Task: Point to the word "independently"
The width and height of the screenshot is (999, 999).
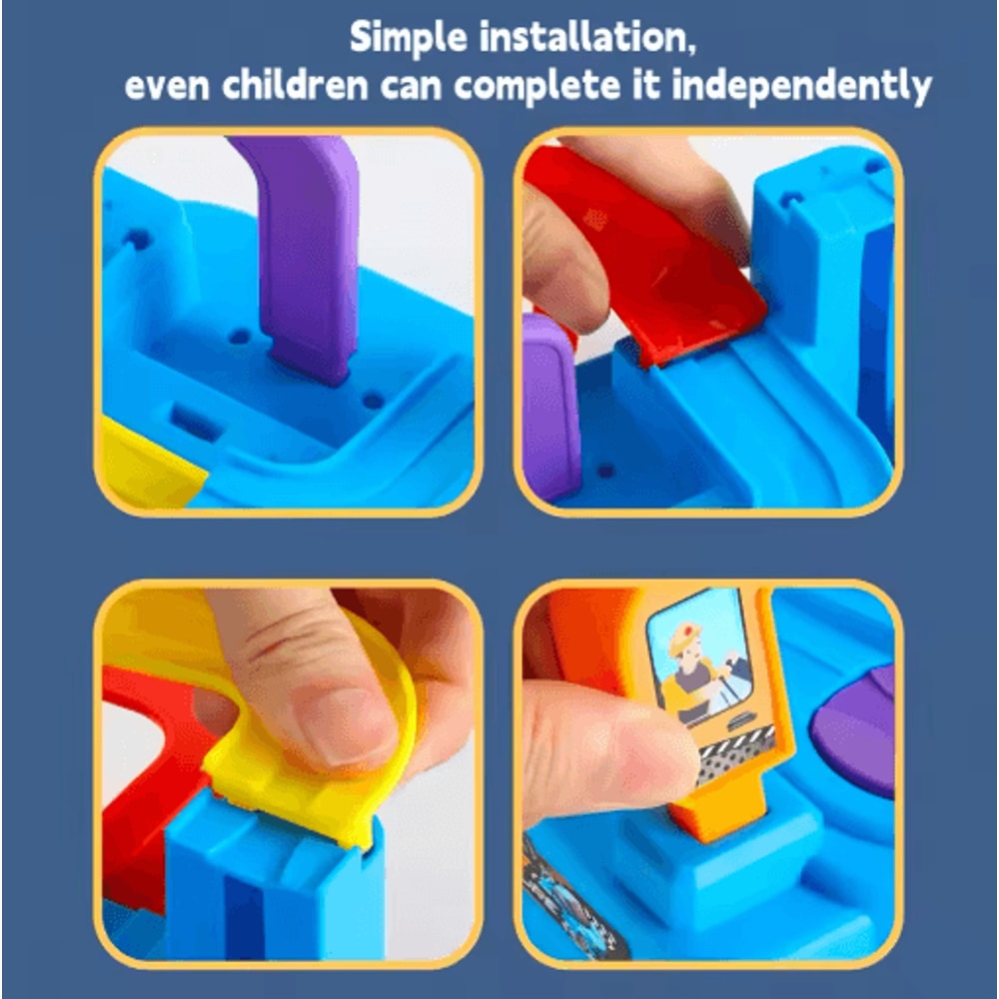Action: click(x=802, y=87)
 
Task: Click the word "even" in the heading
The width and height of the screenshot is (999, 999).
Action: click(x=167, y=87)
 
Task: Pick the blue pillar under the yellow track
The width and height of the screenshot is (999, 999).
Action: click(x=270, y=889)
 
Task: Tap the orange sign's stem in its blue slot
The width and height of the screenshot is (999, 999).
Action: click(x=719, y=814)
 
